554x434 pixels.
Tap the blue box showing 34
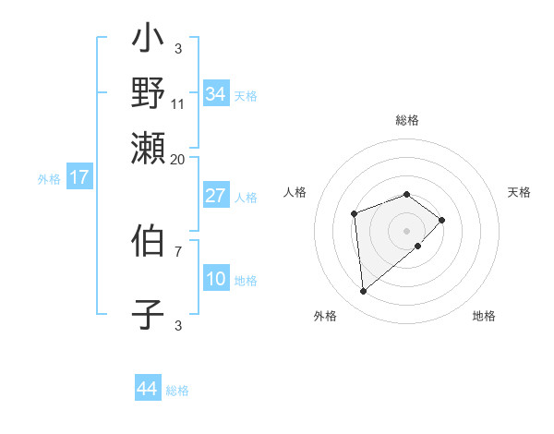coord(216,93)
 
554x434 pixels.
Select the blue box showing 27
coord(216,196)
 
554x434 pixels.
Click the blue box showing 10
coord(216,280)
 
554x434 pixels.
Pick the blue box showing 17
coord(78,177)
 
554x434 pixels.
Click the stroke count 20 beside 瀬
coord(178,159)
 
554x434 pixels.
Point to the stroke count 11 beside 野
coord(178,104)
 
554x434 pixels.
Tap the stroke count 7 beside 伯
coord(178,250)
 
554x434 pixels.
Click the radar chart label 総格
coord(407,120)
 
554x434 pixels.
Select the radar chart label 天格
coord(520,192)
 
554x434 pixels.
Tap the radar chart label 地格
coord(484,316)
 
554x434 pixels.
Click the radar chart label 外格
coord(325,316)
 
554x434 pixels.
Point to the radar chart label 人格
coord(295,192)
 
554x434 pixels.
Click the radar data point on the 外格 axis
coord(364,292)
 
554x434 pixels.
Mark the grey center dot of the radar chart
coord(407,230)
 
